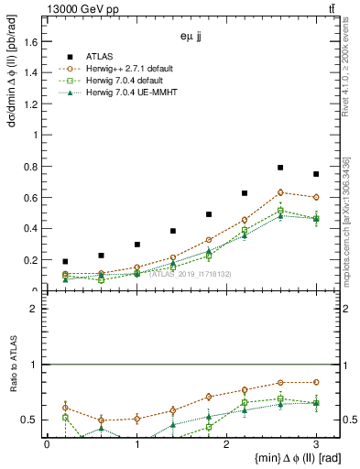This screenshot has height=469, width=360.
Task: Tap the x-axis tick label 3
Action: (x=316, y=444)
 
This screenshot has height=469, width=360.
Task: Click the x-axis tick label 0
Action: (x=48, y=444)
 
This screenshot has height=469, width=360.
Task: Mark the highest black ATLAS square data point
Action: (x=280, y=168)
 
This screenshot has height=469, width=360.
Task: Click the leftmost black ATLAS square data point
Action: (x=65, y=262)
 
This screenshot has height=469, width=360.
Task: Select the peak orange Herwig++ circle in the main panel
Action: (x=280, y=192)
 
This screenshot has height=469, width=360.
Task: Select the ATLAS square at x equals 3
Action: (x=316, y=174)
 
